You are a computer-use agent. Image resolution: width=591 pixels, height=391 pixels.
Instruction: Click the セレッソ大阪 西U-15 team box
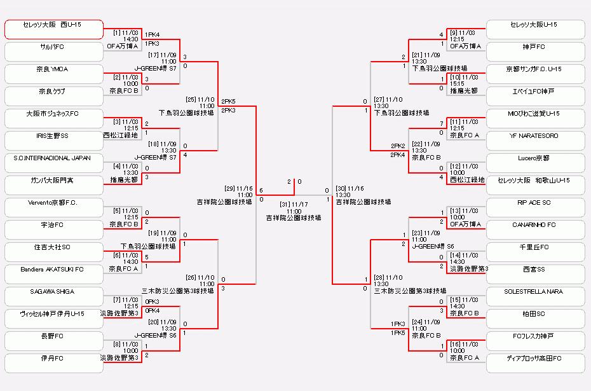tap(53, 29)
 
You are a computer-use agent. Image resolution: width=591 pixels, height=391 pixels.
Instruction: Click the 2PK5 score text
tap(229, 101)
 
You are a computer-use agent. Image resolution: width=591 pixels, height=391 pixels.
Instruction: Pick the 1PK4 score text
tap(153, 34)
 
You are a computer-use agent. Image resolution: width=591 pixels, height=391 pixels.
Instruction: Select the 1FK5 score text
tap(398, 333)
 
